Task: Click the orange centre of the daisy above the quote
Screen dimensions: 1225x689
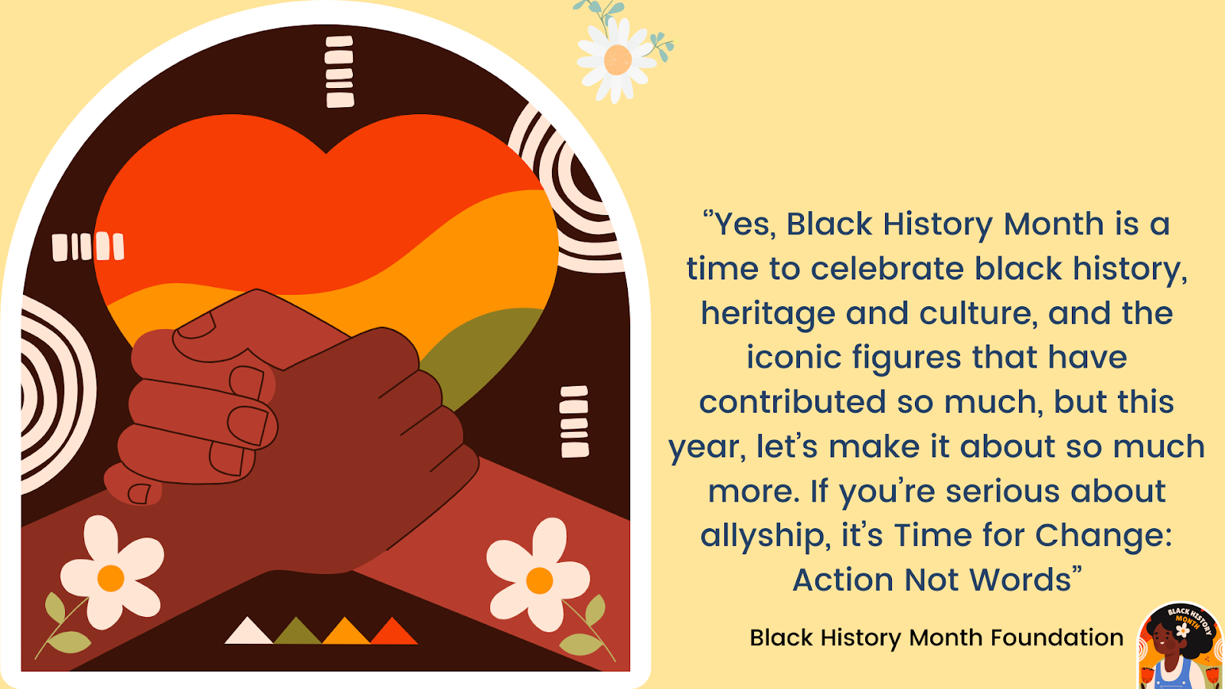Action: (x=618, y=60)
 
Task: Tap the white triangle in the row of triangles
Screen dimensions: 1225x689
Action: (x=248, y=632)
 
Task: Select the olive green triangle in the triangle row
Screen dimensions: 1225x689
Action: (x=297, y=632)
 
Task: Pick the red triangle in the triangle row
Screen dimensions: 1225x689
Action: (x=394, y=632)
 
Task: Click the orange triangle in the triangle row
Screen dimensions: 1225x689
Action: (x=345, y=632)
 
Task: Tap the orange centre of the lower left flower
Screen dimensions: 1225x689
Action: (x=110, y=578)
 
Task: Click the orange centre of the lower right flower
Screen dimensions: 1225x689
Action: (x=539, y=581)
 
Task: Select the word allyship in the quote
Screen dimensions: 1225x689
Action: (x=763, y=536)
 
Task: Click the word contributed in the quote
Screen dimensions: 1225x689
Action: (x=792, y=402)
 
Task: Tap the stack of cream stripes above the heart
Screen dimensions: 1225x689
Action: (x=339, y=72)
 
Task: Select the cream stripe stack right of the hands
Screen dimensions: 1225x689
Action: (x=574, y=422)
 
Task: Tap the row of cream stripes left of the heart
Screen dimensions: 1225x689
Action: (x=88, y=247)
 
